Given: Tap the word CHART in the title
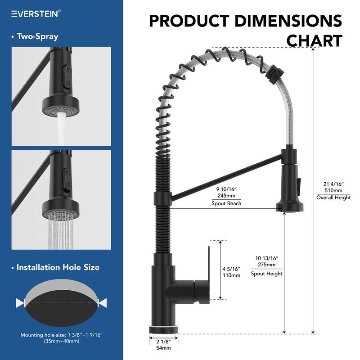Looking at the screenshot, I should pyautogui.click(x=314, y=40).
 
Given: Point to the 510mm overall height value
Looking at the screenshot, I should pyautogui.click(x=333, y=190).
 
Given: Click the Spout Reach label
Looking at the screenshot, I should pyautogui.click(x=226, y=203).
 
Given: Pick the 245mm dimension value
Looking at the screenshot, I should pyautogui.click(x=226, y=195).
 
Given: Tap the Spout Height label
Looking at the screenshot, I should pyautogui.click(x=266, y=273).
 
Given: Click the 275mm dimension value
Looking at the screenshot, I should pyautogui.click(x=266, y=265).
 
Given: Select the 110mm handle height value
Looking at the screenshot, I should pyautogui.click(x=231, y=275).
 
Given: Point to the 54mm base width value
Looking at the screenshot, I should pyautogui.click(x=163, y=348).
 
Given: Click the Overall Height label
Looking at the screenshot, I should pyautogui.click(x=333, y=198).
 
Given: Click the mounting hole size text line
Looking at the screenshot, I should pyautogui.click(x=62, y=335).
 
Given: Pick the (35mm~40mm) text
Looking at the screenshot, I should pyautogui.click(x=62, y=342).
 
